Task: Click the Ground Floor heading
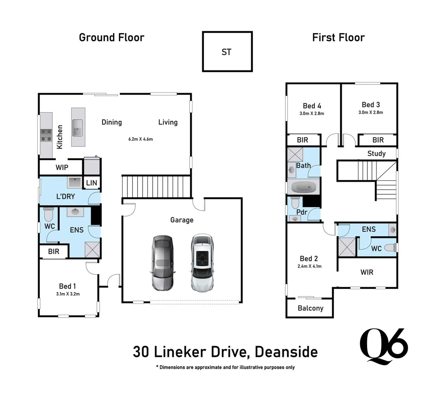tap(111, 37)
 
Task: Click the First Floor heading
tap(338, 37)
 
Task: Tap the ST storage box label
tap(226, 52)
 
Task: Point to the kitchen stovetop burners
tap(46, 135)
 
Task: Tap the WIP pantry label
tap(62, 167)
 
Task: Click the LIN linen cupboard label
tap(91, 183)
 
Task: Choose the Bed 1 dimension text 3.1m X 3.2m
tap(68, 294)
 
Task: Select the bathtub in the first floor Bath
tap(303, 188)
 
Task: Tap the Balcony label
tap(310, 308)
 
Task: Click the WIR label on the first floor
tap(367, 272)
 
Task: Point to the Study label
tap(376, 153)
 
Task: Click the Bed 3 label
tap(371, 105)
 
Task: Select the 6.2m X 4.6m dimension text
tap(141, 139)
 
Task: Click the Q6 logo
tap(383, 346)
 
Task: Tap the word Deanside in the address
tap(286, 352)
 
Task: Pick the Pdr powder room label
tap(302, 212)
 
